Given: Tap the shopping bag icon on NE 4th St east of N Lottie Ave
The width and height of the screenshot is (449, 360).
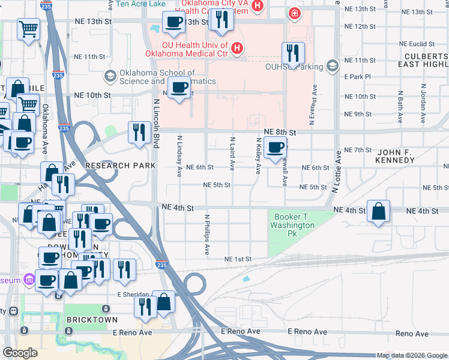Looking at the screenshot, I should coord(378,211).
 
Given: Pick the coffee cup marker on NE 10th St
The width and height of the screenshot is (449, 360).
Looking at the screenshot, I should coord(179,88).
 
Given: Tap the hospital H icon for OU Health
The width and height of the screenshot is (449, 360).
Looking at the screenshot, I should coord(237,47).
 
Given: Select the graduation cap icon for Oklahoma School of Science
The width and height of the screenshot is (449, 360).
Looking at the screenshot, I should coord(110,76).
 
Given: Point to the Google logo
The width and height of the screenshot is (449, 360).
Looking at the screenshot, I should coord(20,353).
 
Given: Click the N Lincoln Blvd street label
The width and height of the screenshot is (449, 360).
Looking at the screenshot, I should coord(156,124).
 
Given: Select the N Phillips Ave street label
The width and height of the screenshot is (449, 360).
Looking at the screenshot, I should coord(207,235).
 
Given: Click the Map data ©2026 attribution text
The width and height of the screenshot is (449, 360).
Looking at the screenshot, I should coord(411,356).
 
